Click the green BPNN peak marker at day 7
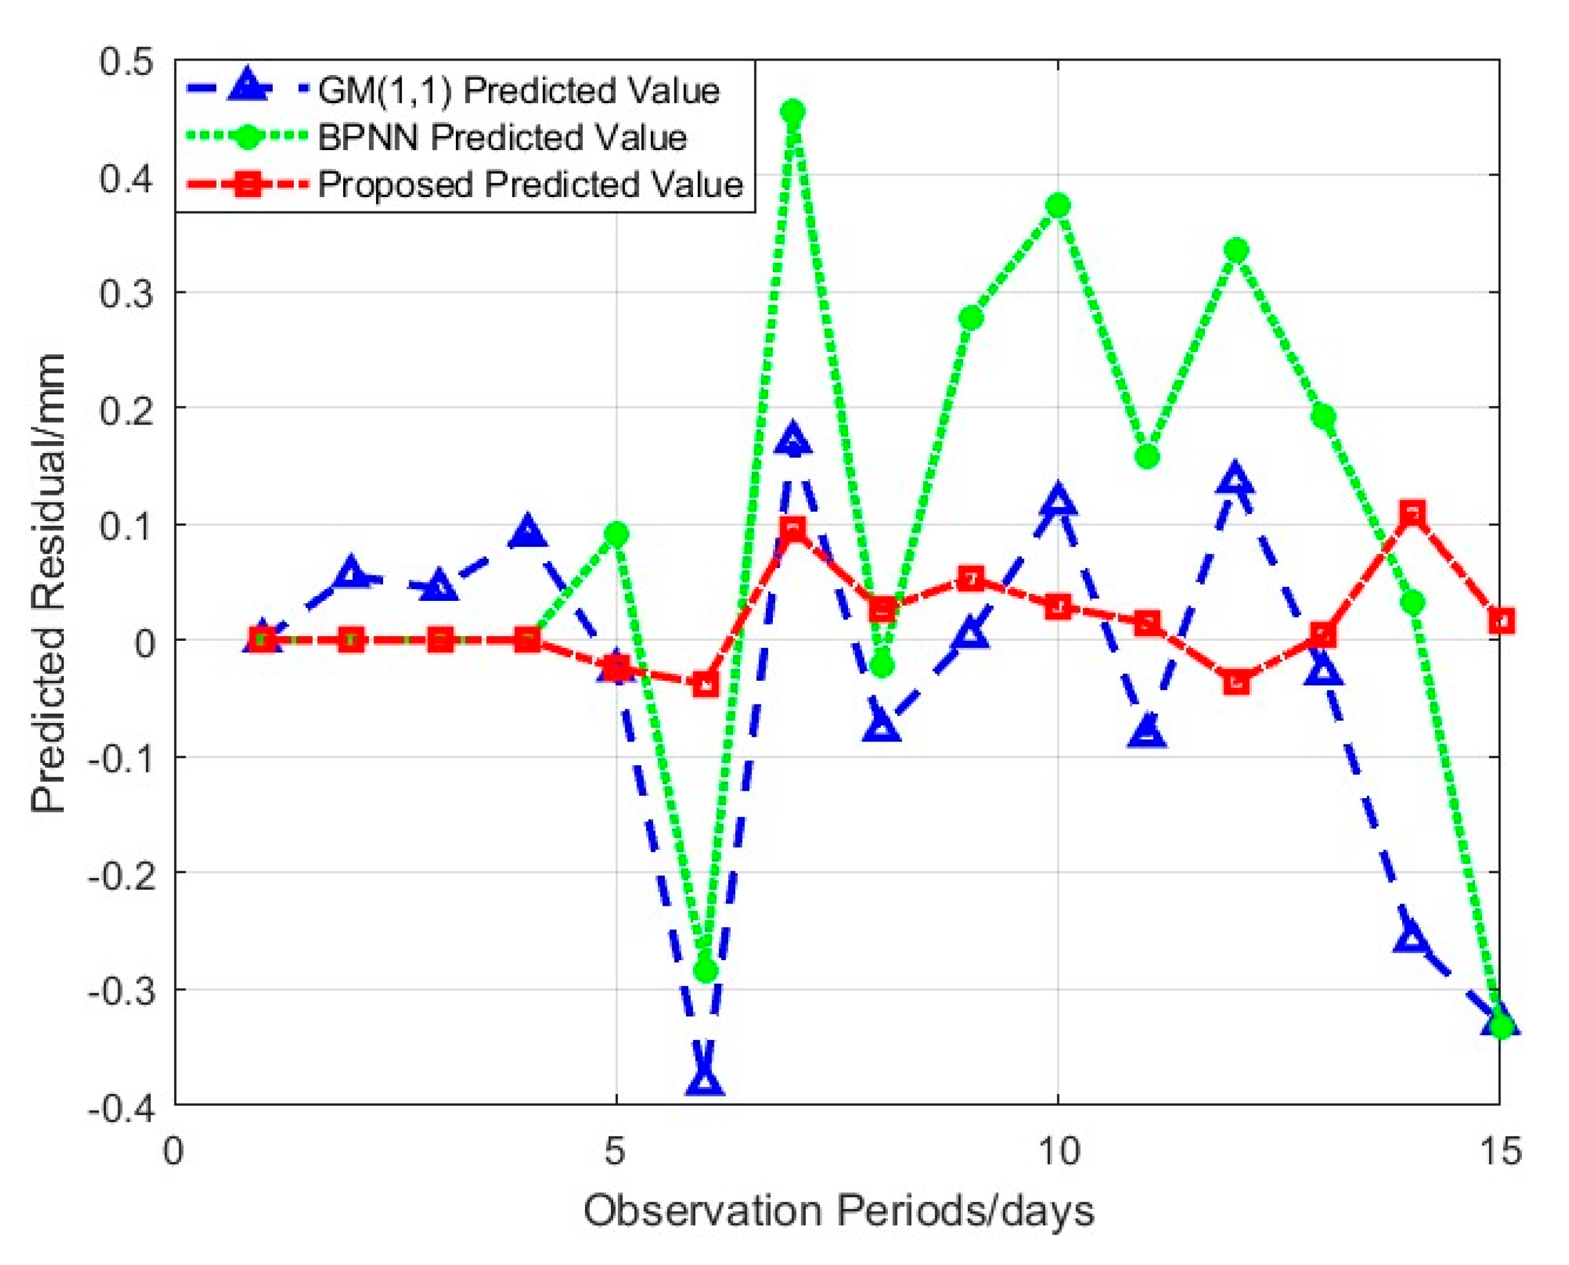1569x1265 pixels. click(x=793, y=112)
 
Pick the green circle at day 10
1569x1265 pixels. click(x=1058, y=205)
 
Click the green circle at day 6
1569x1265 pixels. click(x=706, y=970)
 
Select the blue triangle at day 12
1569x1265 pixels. click(x=1235, y=479)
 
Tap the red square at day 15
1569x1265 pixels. click(x=1500, y=621)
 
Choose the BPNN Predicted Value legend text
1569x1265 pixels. click(x=502, y=138)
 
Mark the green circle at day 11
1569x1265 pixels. click(x=1147, y=457)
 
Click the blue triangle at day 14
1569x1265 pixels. click(x=1412, y=938)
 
